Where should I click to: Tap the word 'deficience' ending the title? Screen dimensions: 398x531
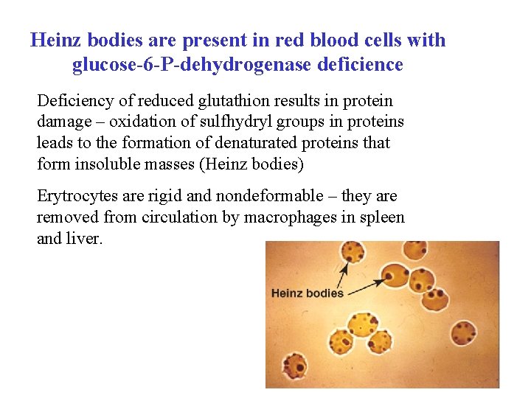coord(360,66)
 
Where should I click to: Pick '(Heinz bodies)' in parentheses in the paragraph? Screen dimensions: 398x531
coord(251,164)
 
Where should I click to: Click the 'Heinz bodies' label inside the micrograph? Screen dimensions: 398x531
coord(308,293)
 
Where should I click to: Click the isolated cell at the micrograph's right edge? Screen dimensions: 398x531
coord(465,332)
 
